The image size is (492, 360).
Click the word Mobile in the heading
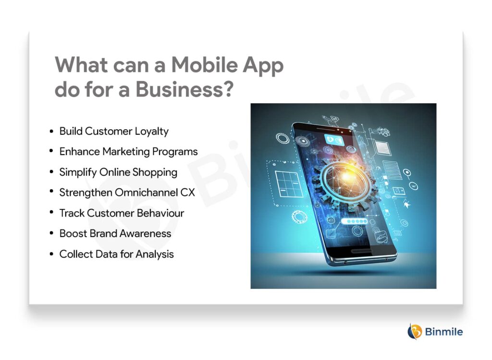pyautogui.click(x=201, y=65)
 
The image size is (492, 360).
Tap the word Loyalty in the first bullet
pyautogui.click(x=152, y=131)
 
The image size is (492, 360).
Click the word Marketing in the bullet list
pyautogui.click(x=127, y=152)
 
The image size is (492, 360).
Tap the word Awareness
pyautogui.click(x=147, y=234)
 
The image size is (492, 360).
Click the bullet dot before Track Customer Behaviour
pyautogui.click(x=51, y=213)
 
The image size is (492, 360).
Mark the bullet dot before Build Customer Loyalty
pyautogui.click(x=51, y=131)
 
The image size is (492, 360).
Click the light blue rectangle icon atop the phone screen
pyautogui.click(x=336, y=139)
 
